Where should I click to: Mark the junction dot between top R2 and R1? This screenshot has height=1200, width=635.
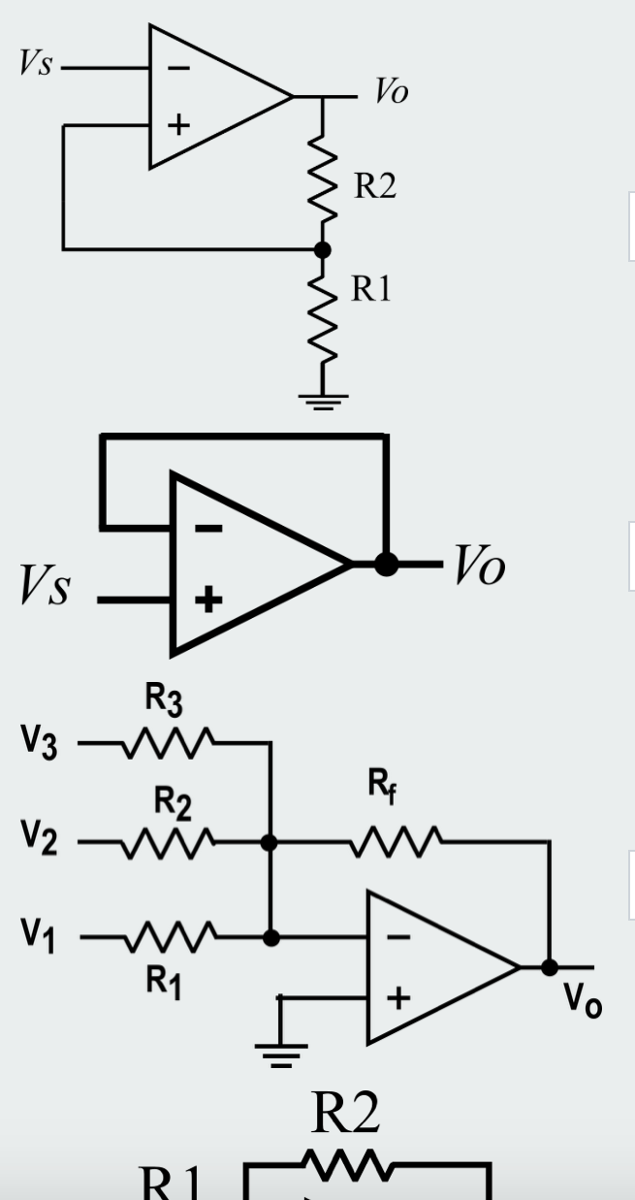tap(323, 249)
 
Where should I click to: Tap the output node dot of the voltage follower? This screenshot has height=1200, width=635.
tap(386, 564)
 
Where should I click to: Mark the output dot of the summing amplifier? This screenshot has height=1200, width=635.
tap(549, 967)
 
